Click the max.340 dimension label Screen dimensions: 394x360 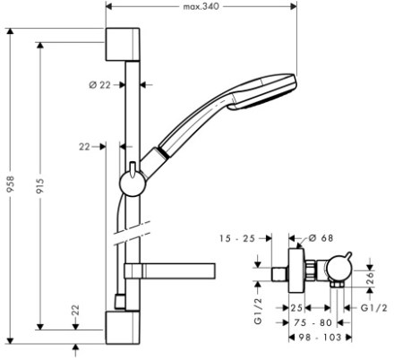(201, 6)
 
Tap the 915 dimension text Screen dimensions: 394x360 (40, 185)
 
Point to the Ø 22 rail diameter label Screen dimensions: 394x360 (99, 85)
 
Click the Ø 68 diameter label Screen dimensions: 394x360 (321, 238)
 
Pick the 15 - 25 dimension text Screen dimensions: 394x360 (237, 238)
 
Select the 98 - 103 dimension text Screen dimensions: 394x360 (320, 338)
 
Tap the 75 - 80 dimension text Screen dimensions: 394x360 (313, 322)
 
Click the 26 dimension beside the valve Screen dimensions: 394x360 (370, 278)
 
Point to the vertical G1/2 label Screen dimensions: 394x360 (258, 311)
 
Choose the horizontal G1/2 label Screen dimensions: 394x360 (373, 308)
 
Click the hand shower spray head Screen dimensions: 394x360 (262, 92)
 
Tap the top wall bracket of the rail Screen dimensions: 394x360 (123, 45)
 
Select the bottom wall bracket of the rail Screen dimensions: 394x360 (123, 328)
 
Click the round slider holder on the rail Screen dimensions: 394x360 (133, 183)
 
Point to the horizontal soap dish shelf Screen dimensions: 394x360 (170, 271)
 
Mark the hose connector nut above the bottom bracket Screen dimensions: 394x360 (120, 302)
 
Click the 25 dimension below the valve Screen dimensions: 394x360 (296, 308)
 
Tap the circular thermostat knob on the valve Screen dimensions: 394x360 (339, 270)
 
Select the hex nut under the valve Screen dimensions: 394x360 (337, 286)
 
